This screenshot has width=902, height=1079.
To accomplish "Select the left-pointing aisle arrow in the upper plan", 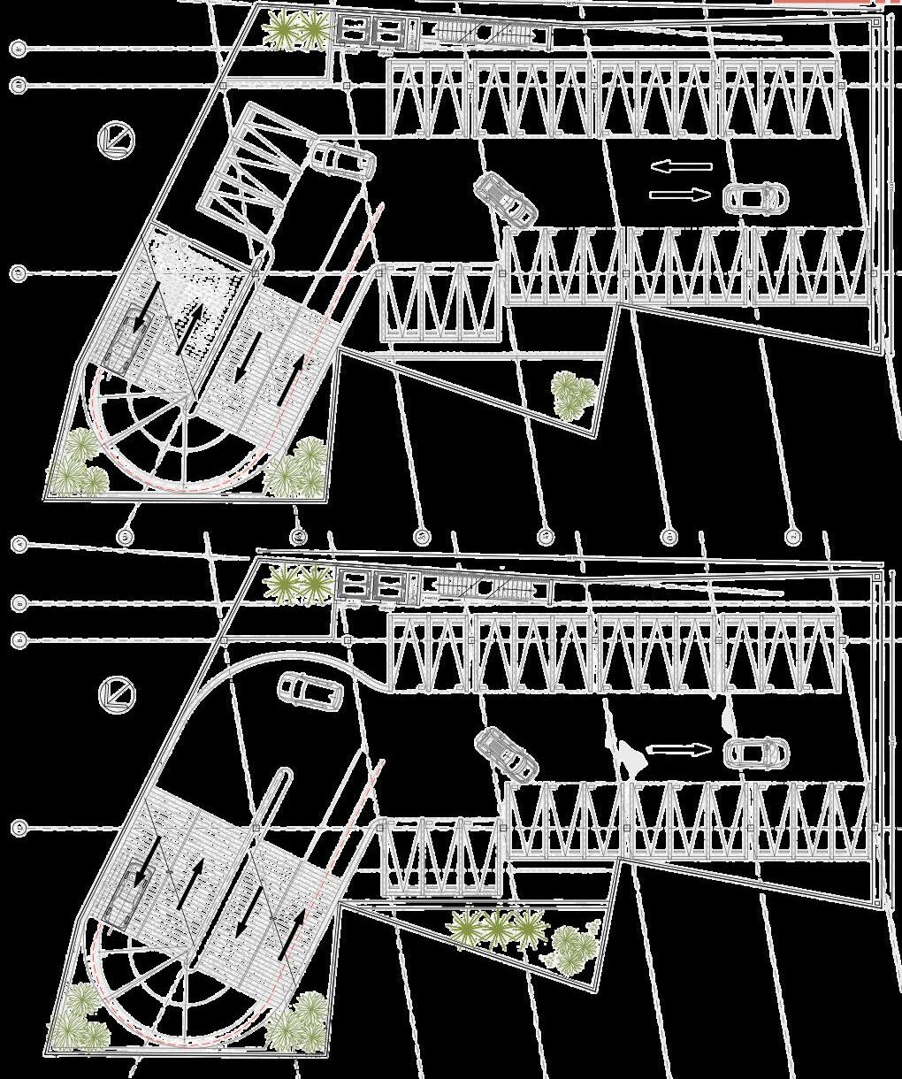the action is [682, 166].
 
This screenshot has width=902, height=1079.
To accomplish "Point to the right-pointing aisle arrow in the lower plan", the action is [680, 750].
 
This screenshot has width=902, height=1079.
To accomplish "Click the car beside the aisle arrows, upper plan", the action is [753, 197].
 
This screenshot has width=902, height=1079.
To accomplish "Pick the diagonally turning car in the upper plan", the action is [505, 198].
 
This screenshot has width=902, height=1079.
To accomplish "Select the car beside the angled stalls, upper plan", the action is [342, 160].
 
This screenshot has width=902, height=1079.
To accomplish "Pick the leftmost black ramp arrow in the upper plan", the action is [139, 318].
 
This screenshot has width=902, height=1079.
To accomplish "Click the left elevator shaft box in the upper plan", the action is [355, 32].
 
